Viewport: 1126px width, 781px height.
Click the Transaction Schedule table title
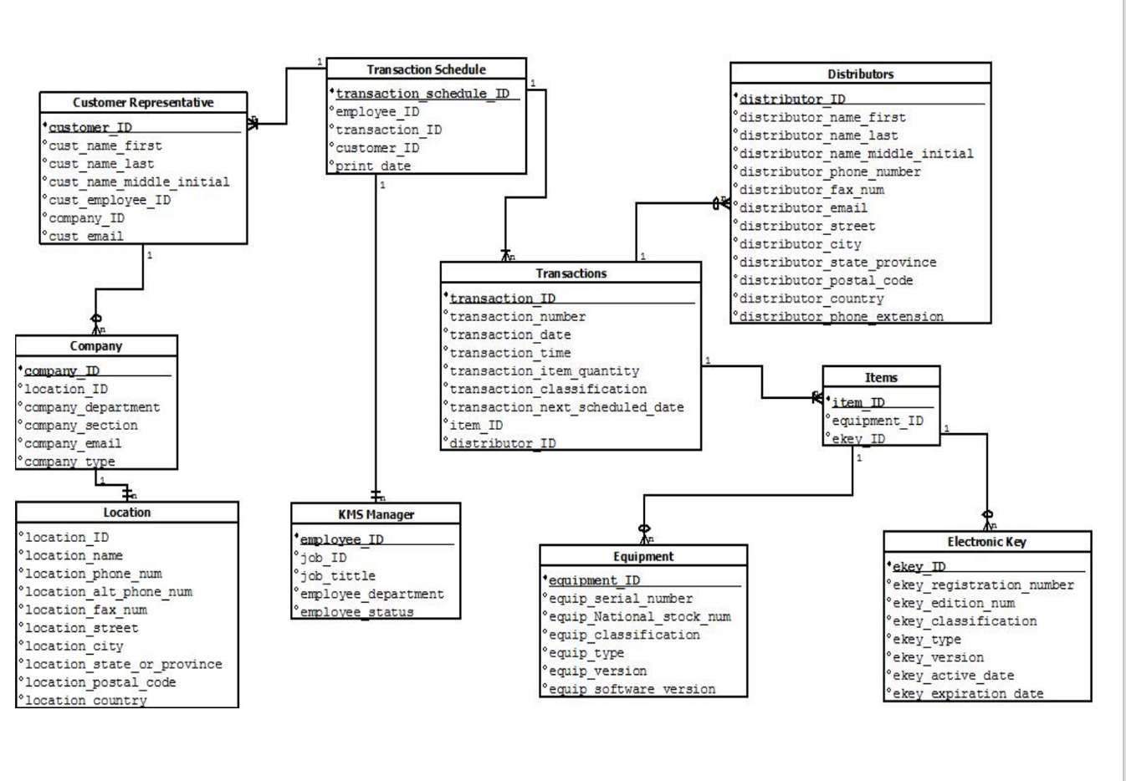tap(426, 69)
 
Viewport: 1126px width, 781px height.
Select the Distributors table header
tap(860, 74)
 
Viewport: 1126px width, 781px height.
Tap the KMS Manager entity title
tap(376, 514)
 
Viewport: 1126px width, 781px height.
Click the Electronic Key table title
tap(986, 542)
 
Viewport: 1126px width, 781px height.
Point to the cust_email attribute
tap(85, 237)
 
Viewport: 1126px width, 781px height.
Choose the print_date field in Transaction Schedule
tap(373, 166)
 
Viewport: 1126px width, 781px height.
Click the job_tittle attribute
tap(337, 575)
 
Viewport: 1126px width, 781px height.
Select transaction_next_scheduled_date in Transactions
tap(566, 407)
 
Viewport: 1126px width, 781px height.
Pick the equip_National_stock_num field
tap(639, 617)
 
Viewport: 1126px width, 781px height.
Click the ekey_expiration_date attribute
tap(968, 693)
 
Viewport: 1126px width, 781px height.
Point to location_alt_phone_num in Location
tap(108, 592)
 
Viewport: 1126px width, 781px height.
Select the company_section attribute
tap(81, 426)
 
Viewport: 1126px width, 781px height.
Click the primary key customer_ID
tap(90, 128)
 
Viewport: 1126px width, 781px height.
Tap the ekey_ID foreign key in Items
tap(858, 439)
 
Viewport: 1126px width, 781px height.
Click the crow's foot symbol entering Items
tap(817, 398)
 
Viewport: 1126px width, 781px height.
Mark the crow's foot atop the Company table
tap(96, 324)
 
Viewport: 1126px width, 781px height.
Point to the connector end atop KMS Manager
tap(376, 496)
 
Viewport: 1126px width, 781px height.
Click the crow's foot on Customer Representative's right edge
tap(253, 123)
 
